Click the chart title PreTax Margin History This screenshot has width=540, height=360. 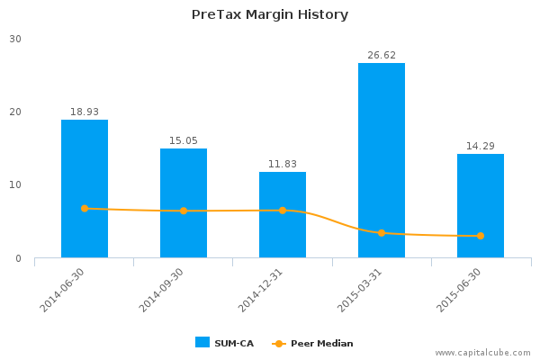270,14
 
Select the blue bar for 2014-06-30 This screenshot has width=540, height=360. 85,188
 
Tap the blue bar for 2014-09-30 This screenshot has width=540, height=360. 184,202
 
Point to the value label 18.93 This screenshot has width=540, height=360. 85,112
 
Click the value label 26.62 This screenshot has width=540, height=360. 382,56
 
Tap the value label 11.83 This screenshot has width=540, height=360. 283,165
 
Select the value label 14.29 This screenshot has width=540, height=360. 481,147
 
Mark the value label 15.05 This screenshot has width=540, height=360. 184,141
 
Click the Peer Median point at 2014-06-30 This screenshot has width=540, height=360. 85,209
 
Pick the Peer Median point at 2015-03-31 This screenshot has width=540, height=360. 382,233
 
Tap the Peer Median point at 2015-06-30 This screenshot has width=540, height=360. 481,236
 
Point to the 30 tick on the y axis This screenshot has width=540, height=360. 16,39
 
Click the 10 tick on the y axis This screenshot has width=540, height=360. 16,185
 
